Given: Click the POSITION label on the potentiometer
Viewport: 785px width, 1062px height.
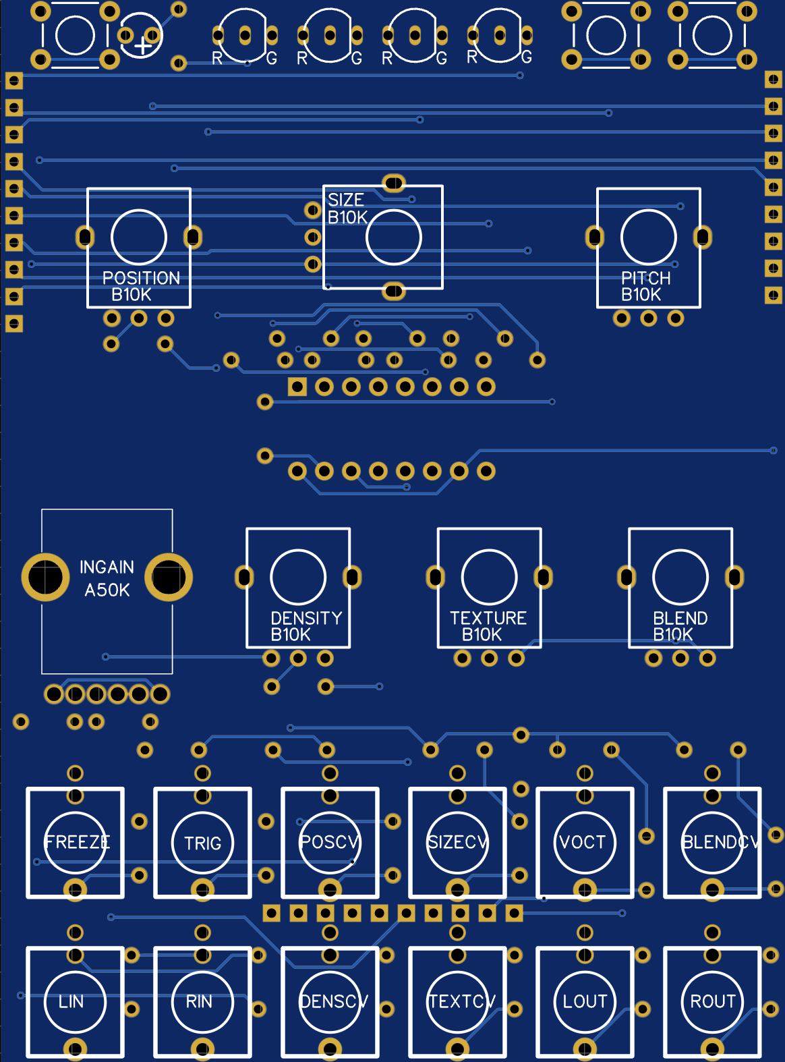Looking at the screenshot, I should [141, 278].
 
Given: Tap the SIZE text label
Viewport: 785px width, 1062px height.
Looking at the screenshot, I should [345, 200].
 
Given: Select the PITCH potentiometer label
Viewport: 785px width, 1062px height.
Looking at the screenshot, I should [645, 278].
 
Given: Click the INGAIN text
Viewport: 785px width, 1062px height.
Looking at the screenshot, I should [107, 567].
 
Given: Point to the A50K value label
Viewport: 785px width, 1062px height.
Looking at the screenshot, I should [107, 590].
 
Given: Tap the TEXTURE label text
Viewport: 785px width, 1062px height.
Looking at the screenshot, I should [488, 618].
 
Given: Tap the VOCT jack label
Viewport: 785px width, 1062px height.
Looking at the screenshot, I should [583, 842].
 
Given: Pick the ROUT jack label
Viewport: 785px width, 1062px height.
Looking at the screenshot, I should [712, 1001].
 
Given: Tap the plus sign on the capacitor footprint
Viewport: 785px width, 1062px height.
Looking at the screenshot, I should [142, 46].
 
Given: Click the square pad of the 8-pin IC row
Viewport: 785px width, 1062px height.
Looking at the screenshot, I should [297, 387].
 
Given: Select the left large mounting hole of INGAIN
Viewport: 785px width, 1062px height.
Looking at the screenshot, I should [45, 577].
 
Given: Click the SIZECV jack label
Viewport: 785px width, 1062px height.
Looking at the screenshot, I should [457, 842].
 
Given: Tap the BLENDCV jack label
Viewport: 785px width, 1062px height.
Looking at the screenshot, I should [720, 842].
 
